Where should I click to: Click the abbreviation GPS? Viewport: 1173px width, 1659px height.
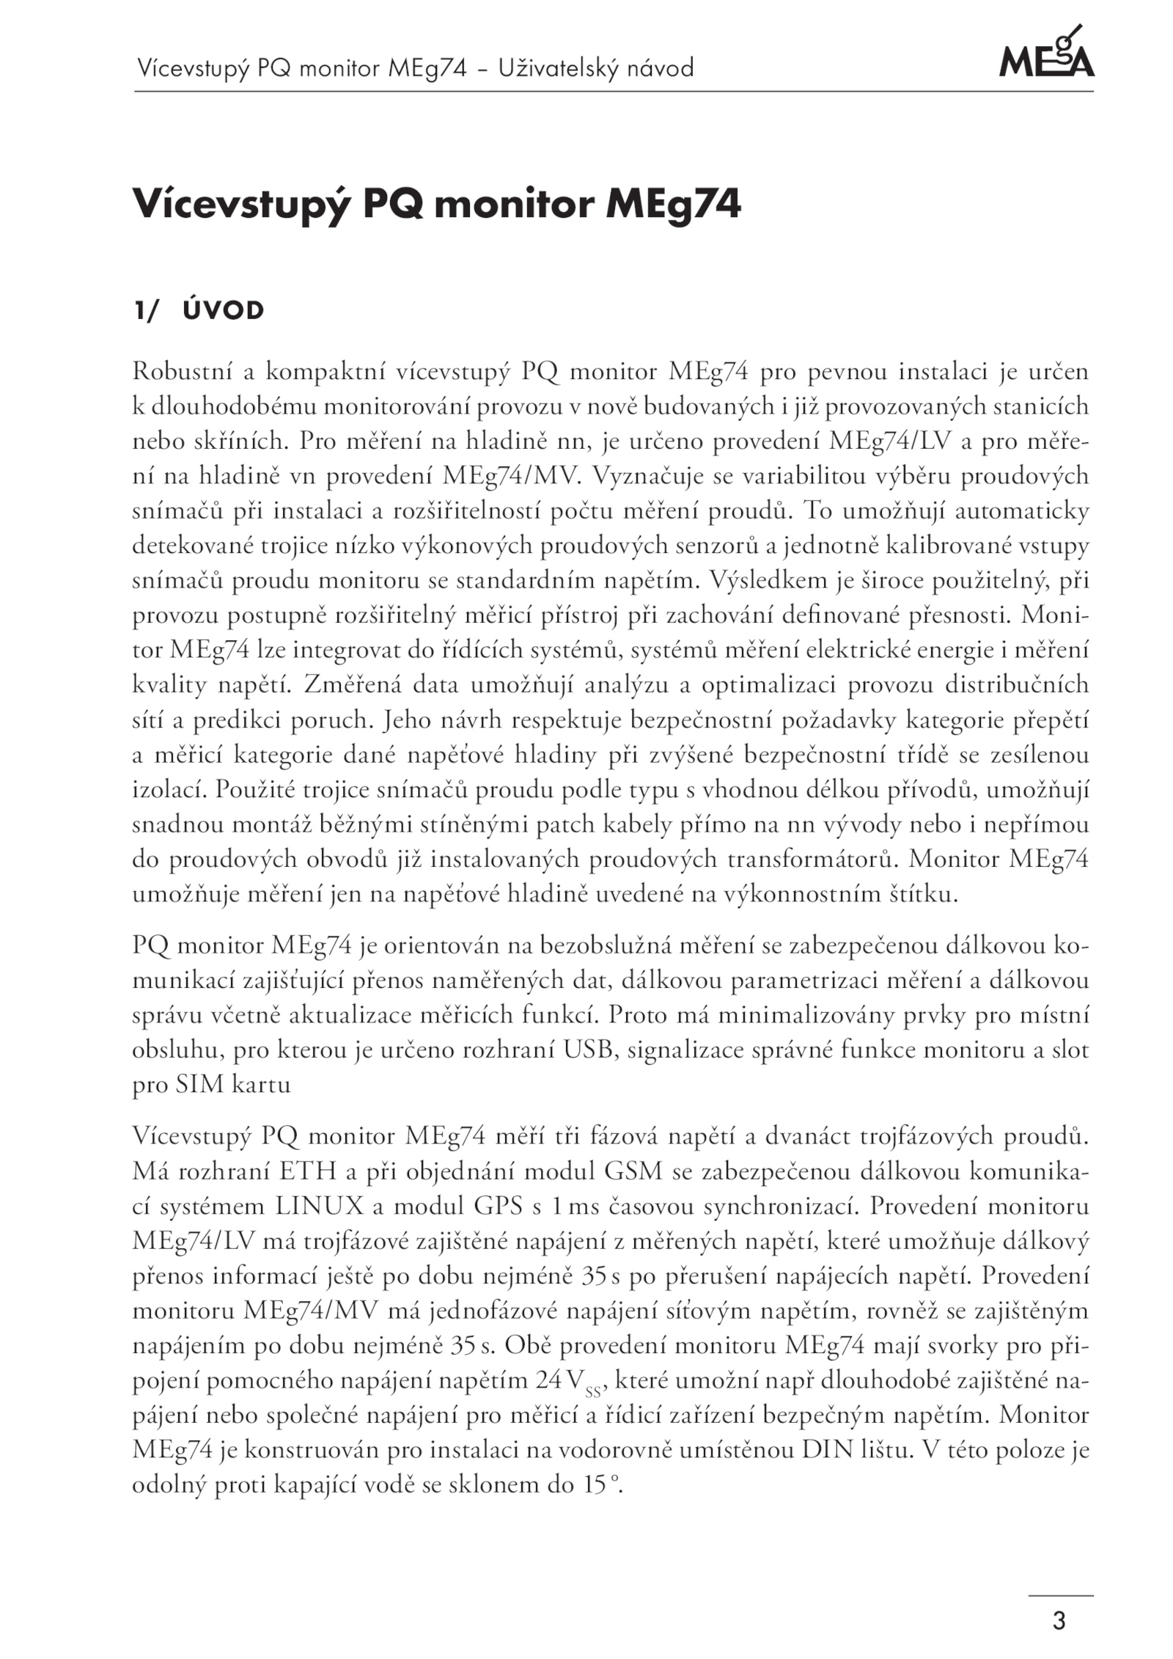tap(499, 1206)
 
